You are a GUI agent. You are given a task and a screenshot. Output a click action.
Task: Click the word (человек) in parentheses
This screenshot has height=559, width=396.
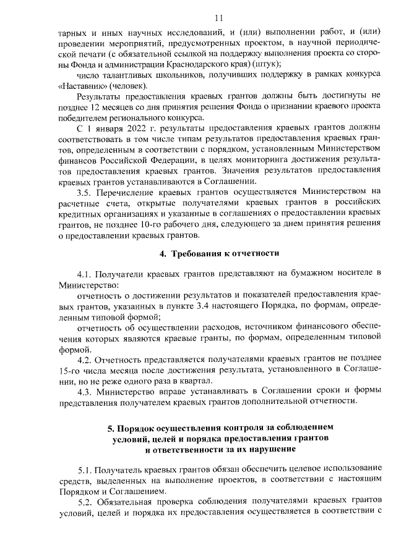pyautogui.click(x=129, y=85)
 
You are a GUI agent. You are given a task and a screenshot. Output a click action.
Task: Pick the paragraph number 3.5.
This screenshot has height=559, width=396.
pyautogui.click(x=84, y=192)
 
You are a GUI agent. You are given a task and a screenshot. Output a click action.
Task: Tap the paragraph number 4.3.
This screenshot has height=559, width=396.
pyautogui.click(x=85, y=391)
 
